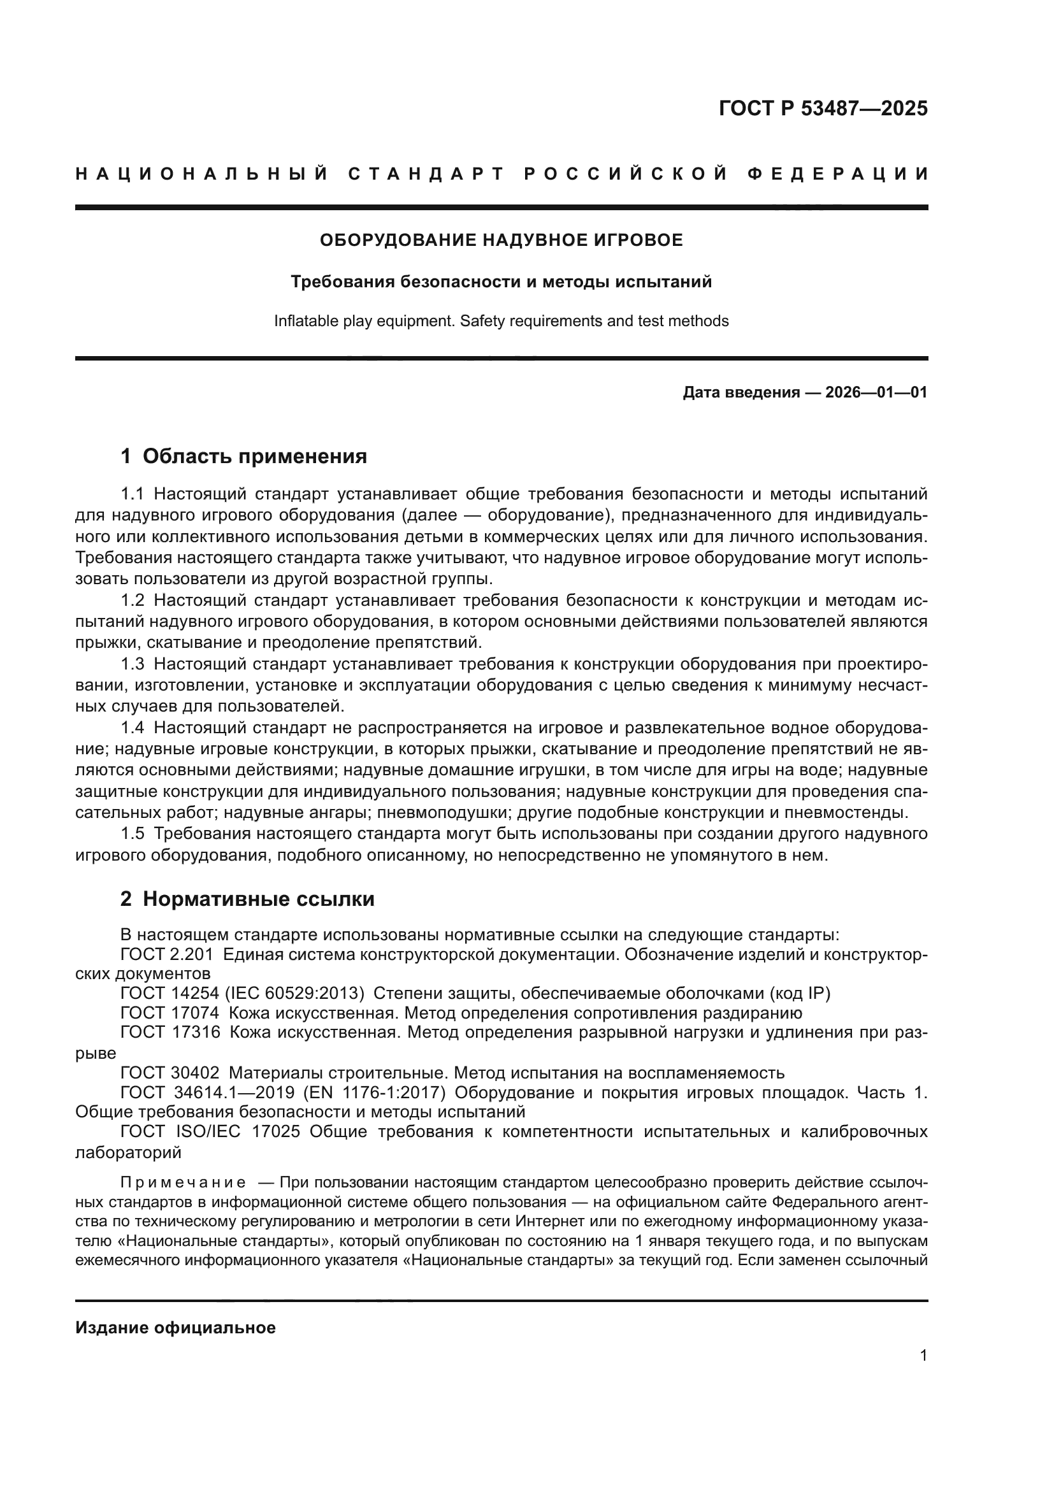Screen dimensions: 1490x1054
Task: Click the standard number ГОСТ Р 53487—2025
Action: coord(823,108)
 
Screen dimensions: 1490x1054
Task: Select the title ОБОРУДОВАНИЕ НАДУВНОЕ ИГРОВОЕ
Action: coord(501,241)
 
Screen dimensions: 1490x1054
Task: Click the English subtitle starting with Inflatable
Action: coord(501,321)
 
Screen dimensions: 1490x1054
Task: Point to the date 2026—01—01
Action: coord(876,392)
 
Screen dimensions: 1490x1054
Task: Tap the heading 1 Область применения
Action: coord(244,456)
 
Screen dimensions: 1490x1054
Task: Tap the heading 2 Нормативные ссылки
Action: coord(247,899)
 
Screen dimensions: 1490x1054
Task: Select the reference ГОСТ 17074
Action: coord(170,1013)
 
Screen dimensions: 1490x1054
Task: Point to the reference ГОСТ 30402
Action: coord(170,1073)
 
